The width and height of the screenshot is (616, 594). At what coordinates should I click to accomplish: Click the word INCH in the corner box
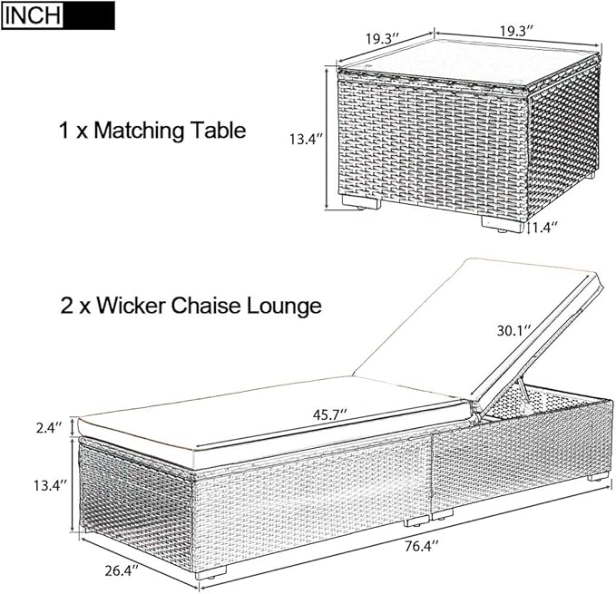(33, 15)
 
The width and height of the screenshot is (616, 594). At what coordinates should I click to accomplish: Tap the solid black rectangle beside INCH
(89, 15)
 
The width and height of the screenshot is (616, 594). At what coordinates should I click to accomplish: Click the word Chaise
(206, 305)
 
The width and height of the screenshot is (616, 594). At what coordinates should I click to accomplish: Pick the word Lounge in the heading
(284, 307)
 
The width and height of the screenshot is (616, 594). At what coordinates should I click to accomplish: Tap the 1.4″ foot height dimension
(545, 227)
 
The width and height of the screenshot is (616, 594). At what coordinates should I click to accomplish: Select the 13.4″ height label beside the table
(307, 140)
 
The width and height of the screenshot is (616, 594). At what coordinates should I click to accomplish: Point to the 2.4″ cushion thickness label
(49, 427)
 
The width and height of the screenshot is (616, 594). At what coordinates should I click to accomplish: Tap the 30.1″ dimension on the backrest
(514, 331)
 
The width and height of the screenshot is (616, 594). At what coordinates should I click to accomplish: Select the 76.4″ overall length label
(422, 546)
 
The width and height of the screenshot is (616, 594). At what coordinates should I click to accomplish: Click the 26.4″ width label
(122, 570)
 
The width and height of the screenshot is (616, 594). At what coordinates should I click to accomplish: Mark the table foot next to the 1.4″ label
(503, 225)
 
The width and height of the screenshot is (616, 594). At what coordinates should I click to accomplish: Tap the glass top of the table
(469, 59)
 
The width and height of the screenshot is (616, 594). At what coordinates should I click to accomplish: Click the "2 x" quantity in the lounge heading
(75, 305)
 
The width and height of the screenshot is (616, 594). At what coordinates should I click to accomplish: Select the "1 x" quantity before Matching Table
(73, 131)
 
